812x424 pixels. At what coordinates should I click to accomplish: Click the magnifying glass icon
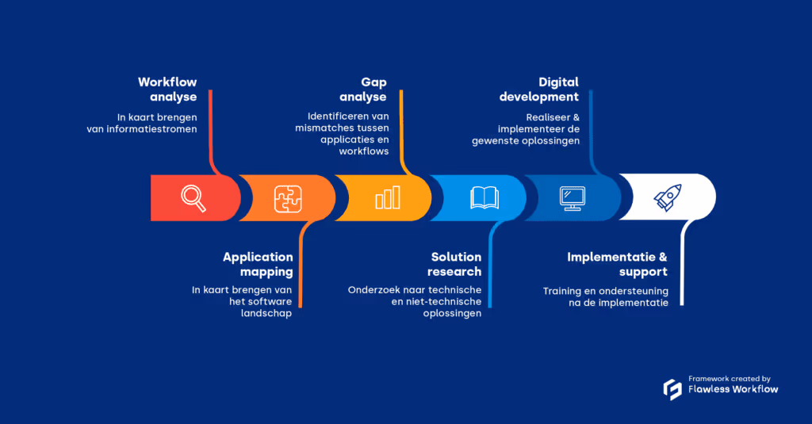(x=193, y=197)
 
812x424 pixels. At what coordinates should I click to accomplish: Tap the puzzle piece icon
(x=288, y=198)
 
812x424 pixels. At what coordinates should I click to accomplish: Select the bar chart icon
(x=388, y=198)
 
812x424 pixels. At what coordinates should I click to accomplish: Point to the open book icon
(x=484, y=197)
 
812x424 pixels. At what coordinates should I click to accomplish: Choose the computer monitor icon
(x=572, y=197)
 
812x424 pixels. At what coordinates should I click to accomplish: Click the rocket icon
(x=668, y=197)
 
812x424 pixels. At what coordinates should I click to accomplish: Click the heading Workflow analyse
(x=168, y=90)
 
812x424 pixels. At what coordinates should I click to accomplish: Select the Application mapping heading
(x=258, y=264)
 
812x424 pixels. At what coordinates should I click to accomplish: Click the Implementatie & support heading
(x=617, y=264)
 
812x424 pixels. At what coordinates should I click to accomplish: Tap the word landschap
(x=266, y=314)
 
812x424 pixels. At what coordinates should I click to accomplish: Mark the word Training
(x=562, y=291)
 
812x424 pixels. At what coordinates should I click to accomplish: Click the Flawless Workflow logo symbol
(x=672, y=389)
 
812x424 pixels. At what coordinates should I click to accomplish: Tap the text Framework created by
(x=729, y=379)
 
